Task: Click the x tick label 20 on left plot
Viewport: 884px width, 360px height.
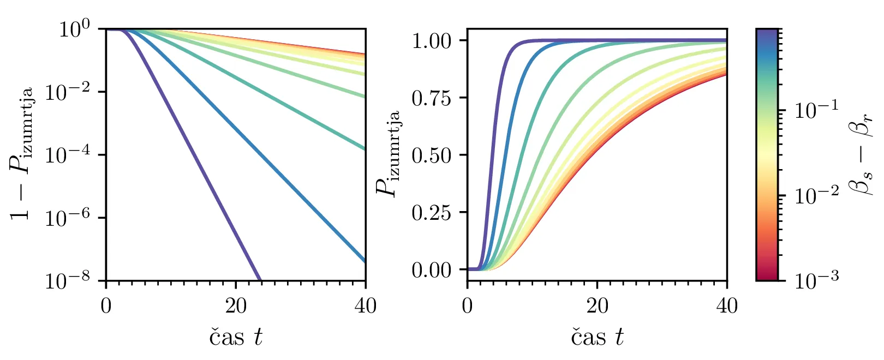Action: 236,306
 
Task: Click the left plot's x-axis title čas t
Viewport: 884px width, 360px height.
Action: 236,337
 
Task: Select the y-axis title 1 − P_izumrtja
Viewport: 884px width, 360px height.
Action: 22,154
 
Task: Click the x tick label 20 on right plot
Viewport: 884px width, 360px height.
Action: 598,306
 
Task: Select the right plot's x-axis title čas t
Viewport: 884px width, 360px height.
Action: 598,337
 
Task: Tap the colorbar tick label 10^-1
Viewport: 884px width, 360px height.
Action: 816,111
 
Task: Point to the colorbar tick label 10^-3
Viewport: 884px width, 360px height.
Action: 816,280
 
